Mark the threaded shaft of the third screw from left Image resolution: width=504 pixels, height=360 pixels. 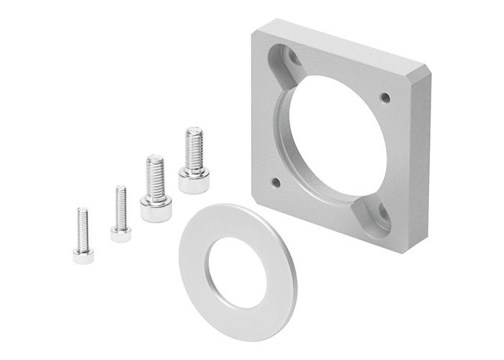point(155,175)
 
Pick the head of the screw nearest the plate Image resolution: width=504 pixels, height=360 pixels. point(194,179)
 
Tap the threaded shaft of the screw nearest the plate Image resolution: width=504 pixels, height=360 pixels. point(194,148)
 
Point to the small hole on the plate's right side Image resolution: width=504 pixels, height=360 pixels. point(385,97)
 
